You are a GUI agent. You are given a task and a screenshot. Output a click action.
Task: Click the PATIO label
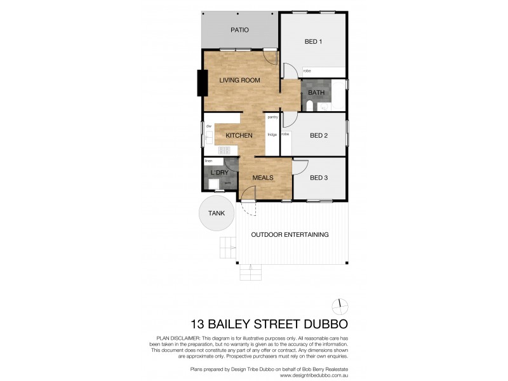[x=239, y=30]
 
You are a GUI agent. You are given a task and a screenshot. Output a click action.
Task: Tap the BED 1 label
[x=314, y=42]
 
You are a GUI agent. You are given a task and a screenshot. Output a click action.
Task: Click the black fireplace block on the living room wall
[x=202, y=83]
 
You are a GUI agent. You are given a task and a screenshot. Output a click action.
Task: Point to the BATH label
[x=316, y=93]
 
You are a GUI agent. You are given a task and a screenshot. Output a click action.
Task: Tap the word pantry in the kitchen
[x=272, y=117]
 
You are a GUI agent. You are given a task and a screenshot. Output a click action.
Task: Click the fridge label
[x=272, y=135]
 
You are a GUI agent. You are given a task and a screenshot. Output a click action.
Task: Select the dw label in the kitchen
[x=208, y=126]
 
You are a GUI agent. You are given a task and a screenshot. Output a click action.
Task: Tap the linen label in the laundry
[x=208, y=161]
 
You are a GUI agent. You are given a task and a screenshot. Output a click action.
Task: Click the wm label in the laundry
[x=227, y=183]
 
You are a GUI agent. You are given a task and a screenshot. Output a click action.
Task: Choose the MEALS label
[x=263, y=178]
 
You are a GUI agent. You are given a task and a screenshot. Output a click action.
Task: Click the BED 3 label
[x=319, y=178]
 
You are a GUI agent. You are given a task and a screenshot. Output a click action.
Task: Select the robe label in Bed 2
[x=286, y=135]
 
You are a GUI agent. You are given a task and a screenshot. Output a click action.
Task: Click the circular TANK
[x=215, y=214]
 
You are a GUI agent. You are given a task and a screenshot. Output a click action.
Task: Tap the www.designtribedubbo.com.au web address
[x=315, y=374]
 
